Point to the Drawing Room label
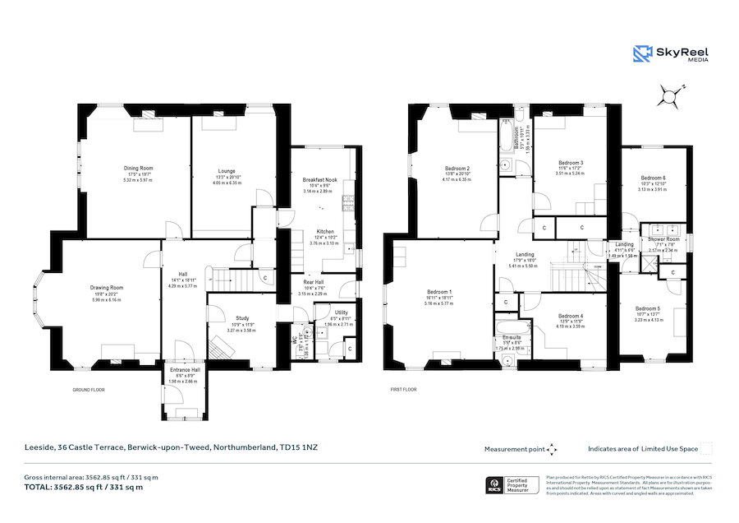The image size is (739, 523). pyautogui.click(x=105, y=288)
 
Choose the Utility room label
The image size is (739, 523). pyautogui.click(x=340, y=313)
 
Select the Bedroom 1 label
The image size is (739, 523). pyautogui.click(x=439, y=292)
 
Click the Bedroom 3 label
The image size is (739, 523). pyautogui.click(x=570, y=163)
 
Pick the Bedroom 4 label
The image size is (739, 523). pyautogui.click(x=570, y=317)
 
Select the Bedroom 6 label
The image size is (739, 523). pyautogui.click(x=653, y=178)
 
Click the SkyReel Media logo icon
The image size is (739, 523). pyautogui.click(x=642, y=54)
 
